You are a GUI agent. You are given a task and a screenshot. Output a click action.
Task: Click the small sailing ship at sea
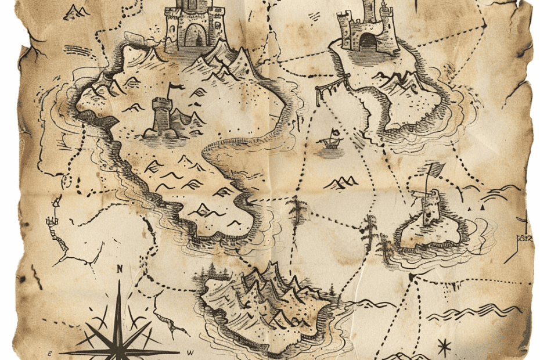tap(330, 140)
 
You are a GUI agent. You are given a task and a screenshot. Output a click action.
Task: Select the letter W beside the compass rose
tap(189, 352)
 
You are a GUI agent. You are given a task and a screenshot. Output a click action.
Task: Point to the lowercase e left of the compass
tap(50, 352)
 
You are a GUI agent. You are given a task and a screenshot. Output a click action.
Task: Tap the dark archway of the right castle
tap(368, 41)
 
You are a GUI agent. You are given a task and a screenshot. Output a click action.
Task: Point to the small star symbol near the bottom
tap(444, 347)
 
